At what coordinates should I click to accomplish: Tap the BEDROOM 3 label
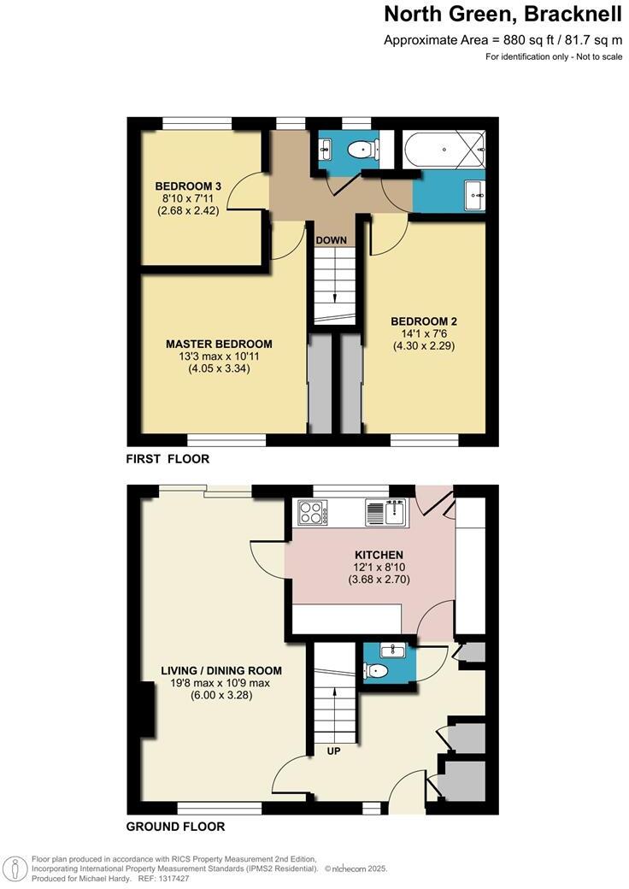tap(188, 186)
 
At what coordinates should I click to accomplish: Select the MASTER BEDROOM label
tap(219, 344)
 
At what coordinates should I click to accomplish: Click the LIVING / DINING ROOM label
tap(221, 670)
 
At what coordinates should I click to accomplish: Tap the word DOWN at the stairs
tap(332, 240)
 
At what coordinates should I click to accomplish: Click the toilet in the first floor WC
tap(363, 150)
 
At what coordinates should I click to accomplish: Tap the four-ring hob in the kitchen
tap(312, 513)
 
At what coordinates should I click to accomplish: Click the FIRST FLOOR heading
tap(168, 459)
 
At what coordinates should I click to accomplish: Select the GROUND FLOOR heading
tap(175, 827)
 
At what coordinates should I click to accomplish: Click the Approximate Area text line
tap(503, 40)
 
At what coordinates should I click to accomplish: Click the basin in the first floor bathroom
tap(474, 196)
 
